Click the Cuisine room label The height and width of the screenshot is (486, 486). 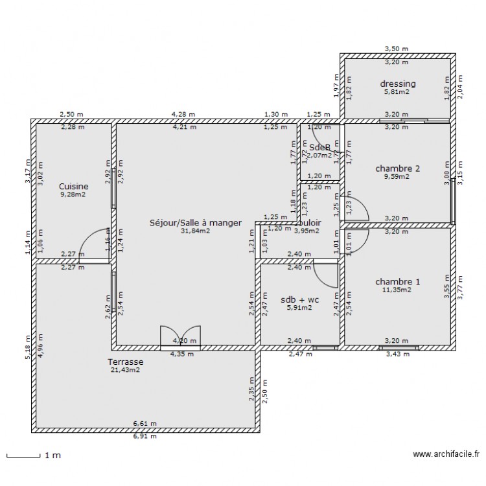pos(73,185)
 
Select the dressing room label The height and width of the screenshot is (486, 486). pos(398,84)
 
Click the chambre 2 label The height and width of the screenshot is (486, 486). pos(398,168)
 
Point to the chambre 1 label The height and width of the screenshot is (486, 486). pos(398,282)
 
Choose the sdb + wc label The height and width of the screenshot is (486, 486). pos(299,299)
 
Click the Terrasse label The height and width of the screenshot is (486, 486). pos(126,362)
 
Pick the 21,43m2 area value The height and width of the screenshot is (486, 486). pos(126,370)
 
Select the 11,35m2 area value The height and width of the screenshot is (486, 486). pos(396,291)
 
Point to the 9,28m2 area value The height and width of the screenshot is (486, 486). pos(73,194)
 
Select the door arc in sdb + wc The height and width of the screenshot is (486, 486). pos(327,275)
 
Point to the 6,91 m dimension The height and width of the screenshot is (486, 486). pos(145,436)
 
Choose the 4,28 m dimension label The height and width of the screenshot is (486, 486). pos(183,114)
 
